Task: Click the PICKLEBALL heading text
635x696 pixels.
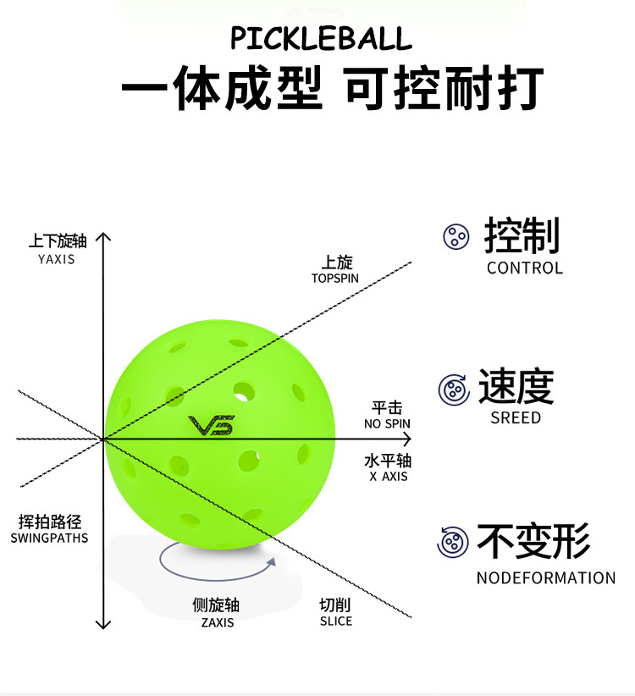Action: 321,39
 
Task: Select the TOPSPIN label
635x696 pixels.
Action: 334,278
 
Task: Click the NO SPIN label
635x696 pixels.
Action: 387,423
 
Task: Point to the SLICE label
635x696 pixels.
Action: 335,621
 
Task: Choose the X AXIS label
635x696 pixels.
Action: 389,476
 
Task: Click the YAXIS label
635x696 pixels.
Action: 57,259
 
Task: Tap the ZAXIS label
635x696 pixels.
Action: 217,622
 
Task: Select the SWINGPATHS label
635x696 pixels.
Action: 49,538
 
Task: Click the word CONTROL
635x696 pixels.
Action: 524,268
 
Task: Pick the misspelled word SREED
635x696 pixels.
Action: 515,417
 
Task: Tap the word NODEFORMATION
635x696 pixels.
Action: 545,578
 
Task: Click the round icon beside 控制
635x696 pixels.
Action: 456,236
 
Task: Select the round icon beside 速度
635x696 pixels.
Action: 454,389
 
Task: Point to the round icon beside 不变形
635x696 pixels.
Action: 453,542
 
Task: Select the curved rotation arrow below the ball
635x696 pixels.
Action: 218,561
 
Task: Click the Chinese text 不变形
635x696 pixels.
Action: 533,541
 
